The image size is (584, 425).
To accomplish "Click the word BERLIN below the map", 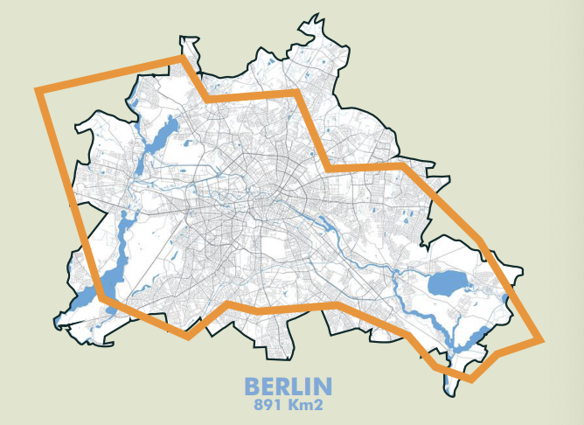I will pyautogui.click(x=288, y=387).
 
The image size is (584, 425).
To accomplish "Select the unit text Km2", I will pyautogui.click(x=307, y=406).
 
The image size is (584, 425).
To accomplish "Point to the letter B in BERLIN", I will pyautogui.click(x=252, y=387).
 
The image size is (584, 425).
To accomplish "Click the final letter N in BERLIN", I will pyautogui.click(x=323, y=387).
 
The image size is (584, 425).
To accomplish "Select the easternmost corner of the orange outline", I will pyautogui.click(x=541, y=339).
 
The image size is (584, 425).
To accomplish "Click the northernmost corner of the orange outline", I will pyautogui.click(x=183, y=59).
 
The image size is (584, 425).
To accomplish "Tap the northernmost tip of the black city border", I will pyautogui.click(x=309, y=15).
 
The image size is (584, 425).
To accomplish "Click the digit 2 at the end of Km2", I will pyautogui.click(x=319, y=406).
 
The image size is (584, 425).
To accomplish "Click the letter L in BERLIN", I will pyautogui.click(x=295, y=387).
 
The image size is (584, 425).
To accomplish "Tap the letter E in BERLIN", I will pyautogui.click(x=267, y=387).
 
